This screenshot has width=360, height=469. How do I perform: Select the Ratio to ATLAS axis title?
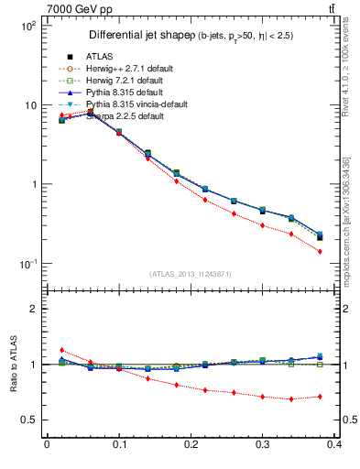13,364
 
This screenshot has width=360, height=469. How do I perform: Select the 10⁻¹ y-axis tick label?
27,264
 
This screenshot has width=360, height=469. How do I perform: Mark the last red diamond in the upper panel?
345,251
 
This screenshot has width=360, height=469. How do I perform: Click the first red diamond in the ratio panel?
61,350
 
